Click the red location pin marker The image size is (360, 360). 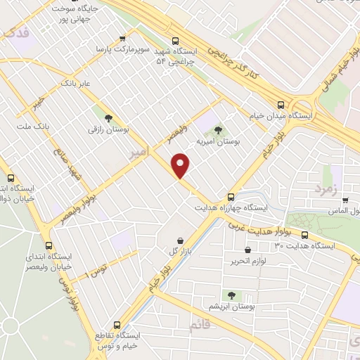(x=181, y=165)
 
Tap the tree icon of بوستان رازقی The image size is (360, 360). (x=108, y=118)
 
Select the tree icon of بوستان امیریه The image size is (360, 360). (x=218, y=129)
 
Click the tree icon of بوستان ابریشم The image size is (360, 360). (x=231, y=295)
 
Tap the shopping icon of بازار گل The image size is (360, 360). (x=181, y=240)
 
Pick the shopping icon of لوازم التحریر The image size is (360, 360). (x=247, y=250)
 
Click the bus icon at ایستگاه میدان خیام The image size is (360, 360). (x=281, y=103)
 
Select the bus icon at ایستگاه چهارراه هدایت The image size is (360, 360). (x=231, y=197)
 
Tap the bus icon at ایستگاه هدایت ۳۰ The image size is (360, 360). (x=304, y=235)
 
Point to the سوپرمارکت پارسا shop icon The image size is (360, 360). (x=123, y=39)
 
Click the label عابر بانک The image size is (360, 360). (x=77, y=84)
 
